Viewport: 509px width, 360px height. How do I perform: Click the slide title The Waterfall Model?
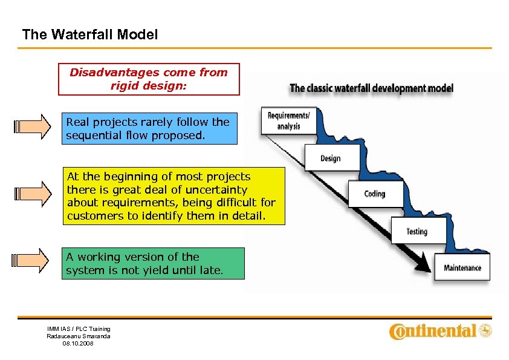pos(89,35)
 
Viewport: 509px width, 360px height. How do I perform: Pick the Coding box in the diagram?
pos(375,194)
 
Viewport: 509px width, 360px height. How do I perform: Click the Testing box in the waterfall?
pos(417,232)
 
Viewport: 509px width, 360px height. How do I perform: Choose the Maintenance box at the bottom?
pos(462,267)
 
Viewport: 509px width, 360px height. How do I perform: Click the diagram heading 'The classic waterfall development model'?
pos(371,88)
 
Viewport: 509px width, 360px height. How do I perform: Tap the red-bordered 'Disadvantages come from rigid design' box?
pos(149,79)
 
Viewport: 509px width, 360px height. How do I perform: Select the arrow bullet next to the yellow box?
pos(34,194)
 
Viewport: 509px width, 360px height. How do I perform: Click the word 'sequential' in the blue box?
pos(90,136)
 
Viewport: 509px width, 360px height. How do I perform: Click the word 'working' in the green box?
pos(97,257)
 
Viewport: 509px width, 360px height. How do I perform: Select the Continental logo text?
pos(433,331)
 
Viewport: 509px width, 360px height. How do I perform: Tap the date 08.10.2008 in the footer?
pos(78,343)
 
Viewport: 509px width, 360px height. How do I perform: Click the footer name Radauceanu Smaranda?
pos(79,336)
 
